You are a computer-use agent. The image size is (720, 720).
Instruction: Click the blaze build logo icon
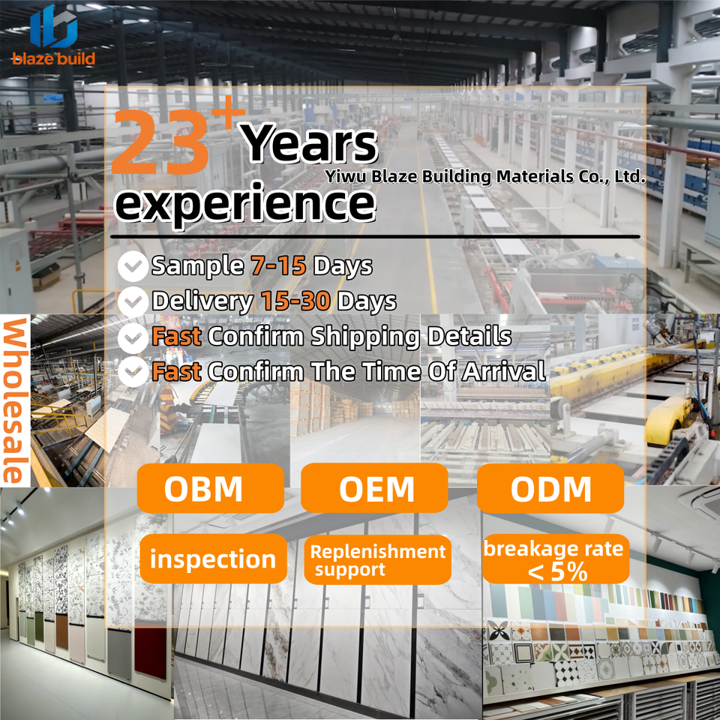coord(54,27)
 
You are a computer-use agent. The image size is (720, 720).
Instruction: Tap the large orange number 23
coord(160,142)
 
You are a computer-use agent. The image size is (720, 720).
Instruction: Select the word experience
coord(245,205)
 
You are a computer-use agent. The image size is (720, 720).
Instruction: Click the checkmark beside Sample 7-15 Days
coord(133,266)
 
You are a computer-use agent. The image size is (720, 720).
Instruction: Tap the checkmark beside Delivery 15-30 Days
coord(133,301)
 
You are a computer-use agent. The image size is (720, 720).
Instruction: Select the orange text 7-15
coord(278,265)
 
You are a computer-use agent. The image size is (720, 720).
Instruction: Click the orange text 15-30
coord(295,301)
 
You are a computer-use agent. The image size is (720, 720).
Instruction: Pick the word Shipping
coord(365,337)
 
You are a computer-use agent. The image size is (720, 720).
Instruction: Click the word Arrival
coord(504,371)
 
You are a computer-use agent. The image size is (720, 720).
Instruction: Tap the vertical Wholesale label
coord(15,400)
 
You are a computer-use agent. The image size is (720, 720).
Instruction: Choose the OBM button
coord(210,488)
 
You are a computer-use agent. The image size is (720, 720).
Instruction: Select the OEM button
coord(374,488)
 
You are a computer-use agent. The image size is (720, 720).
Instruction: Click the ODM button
coord(550,488)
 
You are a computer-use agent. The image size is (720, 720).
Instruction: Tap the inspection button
coord(213,559)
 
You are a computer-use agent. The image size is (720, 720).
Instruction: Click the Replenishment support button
coord(377,559)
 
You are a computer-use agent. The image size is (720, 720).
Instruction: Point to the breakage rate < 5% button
coord(556,559)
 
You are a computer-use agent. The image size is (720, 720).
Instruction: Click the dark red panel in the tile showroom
coord(150,652)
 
